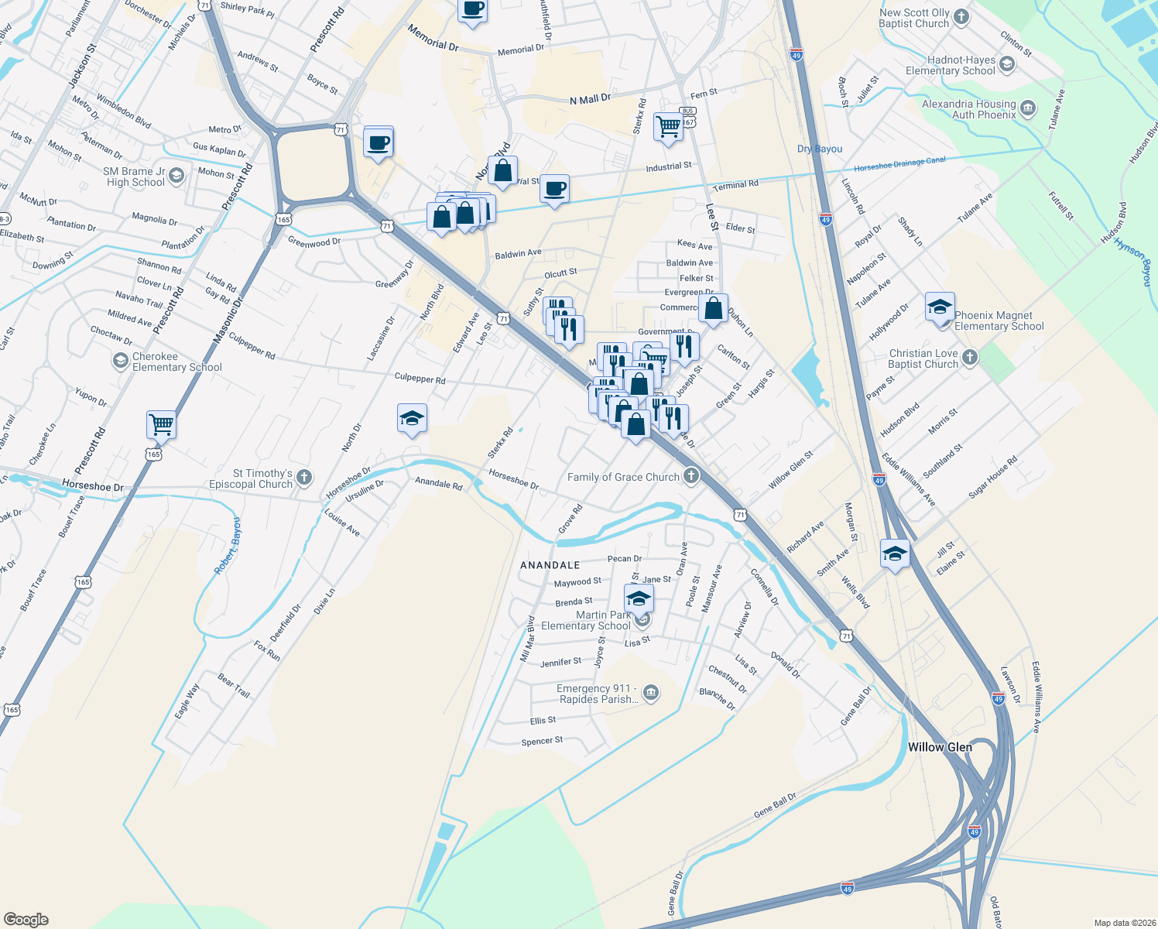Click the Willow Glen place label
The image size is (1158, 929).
point(940,747)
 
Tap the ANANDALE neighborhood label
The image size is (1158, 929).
point(550,565)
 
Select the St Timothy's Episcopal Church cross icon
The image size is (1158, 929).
point(304,478)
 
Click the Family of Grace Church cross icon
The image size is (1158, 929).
point(690,476)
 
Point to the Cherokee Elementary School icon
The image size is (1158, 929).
point(120,361)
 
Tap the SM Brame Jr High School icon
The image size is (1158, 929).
point(176,177)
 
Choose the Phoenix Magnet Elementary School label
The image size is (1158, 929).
point(999,321)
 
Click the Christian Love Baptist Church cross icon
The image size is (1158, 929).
point(970,358)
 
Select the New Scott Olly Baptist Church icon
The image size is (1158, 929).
point(961,17)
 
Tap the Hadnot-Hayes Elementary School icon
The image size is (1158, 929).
point(1007,64)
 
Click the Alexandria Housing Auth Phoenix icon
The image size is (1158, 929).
point(1028,108)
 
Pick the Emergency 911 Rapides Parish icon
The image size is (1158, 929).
point(651,692)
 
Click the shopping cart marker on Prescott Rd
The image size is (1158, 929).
point(161,424)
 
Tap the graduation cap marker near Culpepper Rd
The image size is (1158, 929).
point(412,419)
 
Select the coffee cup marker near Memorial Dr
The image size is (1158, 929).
point(472,11)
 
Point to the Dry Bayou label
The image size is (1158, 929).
point(820,149)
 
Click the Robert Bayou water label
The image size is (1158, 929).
point(228,546)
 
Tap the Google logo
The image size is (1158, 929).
point(26,919)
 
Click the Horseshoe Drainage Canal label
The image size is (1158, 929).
point(899,165)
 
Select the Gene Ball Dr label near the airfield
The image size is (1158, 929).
point(775,805)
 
